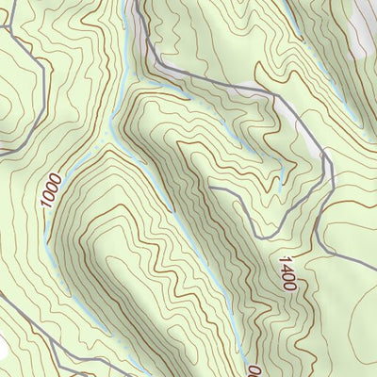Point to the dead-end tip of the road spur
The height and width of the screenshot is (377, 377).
click(x=209, y=188)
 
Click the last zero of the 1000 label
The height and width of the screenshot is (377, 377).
click(x=55, y=176)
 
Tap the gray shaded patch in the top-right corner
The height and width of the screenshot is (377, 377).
click(x=363, y=24)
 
